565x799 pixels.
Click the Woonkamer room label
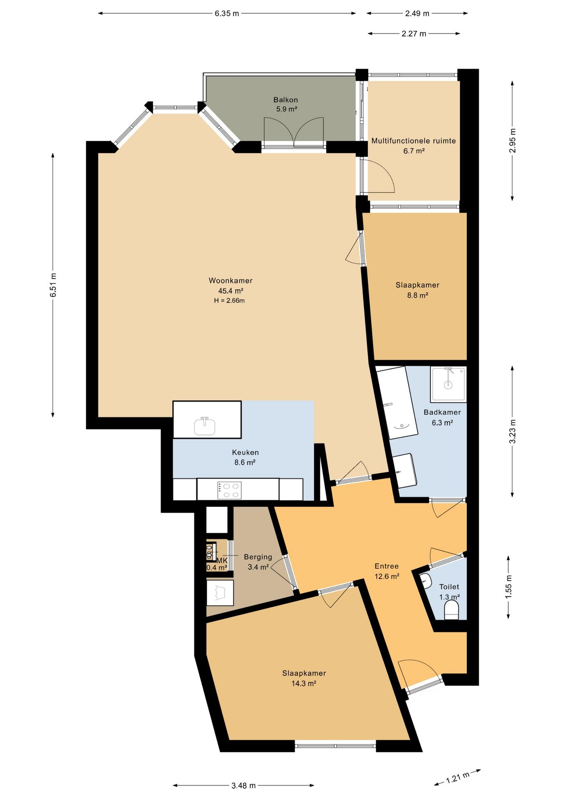click(x=230, y=280)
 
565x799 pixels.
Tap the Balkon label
click(x=285, y=100)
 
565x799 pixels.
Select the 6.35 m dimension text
click(x=227, y=13)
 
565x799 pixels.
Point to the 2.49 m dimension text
click(x=417, y=13)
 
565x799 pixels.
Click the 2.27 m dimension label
click(x=414, y=34)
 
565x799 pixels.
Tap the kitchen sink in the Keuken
click(x=205, y=426)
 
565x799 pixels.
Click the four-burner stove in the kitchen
click(x=229, y=490)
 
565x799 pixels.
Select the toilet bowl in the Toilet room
click(x=451, y=611)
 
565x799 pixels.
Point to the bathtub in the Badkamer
click(x=397, y=402)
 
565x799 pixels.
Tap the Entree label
click(x=387, y=566)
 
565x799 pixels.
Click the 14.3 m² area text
click(x=304, y=683)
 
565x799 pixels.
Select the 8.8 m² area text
click(x=417, y=295)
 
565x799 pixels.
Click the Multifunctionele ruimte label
click(x=414, y=141)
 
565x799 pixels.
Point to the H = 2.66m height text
click(x=229, y=300)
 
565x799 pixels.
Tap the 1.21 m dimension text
click(x=458, y=777)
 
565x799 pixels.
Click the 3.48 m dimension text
click(x=243, y=785)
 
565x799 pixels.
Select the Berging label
click(x=258, y=557)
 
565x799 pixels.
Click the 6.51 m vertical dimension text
click(x=53, y=285)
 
